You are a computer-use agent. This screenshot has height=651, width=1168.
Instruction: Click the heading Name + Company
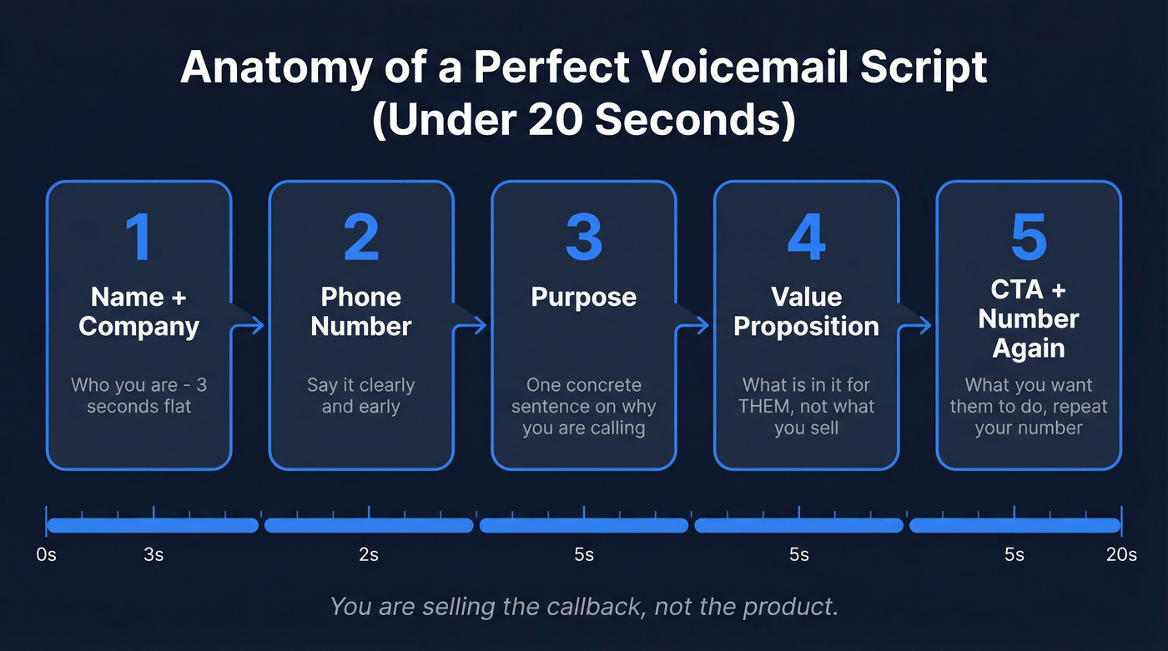click(x=138, y=312)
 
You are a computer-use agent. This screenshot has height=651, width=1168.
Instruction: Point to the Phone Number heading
click(x=360, y=312)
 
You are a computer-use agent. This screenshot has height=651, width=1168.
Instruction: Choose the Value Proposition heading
click(x=806, y=312)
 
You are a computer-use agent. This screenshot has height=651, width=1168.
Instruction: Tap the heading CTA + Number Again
click(x=1028, y=318)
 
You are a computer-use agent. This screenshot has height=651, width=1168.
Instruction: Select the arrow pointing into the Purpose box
click(x=472, y=325)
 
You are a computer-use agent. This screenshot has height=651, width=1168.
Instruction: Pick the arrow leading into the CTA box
click(x=917, y=325)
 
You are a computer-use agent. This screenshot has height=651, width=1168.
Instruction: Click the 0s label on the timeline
click(x=47, y=555)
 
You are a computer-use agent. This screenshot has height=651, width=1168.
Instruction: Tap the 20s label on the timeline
click(x=1120, y=555)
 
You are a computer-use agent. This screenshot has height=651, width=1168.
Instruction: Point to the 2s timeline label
click(x=368, y=555)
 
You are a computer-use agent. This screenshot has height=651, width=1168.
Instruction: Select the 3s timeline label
click(x=154, y=555)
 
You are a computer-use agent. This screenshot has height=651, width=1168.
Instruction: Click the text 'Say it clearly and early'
click(x=360, y=396)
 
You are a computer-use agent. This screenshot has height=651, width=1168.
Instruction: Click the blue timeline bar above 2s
click(x=368, y=525)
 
